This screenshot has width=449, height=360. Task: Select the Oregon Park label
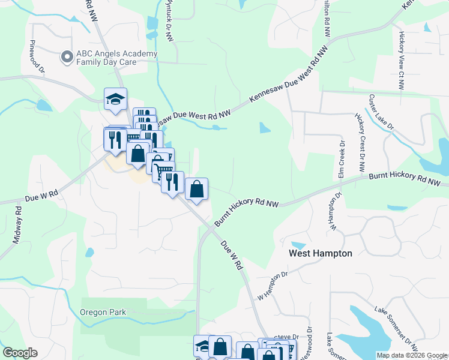104,312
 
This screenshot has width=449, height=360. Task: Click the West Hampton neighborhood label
321,253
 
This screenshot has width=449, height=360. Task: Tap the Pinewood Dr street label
37,56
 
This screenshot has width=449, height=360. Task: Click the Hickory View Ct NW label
400,60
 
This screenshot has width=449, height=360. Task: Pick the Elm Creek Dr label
342,160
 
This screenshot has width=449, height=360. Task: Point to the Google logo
20,353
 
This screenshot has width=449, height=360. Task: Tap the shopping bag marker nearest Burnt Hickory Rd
196,189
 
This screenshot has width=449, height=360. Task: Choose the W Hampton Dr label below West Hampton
273,287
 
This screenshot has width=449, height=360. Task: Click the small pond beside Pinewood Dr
44,106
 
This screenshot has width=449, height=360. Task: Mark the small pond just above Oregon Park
89,253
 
